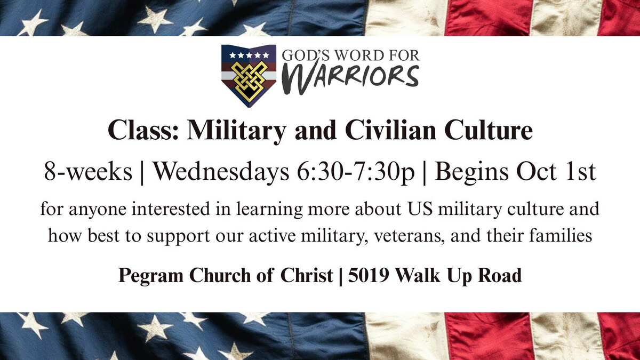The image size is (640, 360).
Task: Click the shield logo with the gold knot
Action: [x=249, y=76]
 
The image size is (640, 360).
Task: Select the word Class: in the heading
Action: [x=143, y=130]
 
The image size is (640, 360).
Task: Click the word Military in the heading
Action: [x=236, y=131]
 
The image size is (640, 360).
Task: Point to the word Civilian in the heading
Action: [x=390, y=130]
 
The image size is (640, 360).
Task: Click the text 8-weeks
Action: [x=88, y=171]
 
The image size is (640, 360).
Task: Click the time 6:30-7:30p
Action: [x=356, y=173]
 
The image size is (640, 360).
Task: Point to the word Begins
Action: [x=471, y=173]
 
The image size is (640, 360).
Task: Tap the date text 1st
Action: [x=581, y=172]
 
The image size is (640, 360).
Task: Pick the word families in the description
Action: [x=561, y=235]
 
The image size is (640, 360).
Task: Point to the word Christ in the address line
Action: [x=307, y=275]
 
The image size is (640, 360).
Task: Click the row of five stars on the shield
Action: [x=249, y=55]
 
